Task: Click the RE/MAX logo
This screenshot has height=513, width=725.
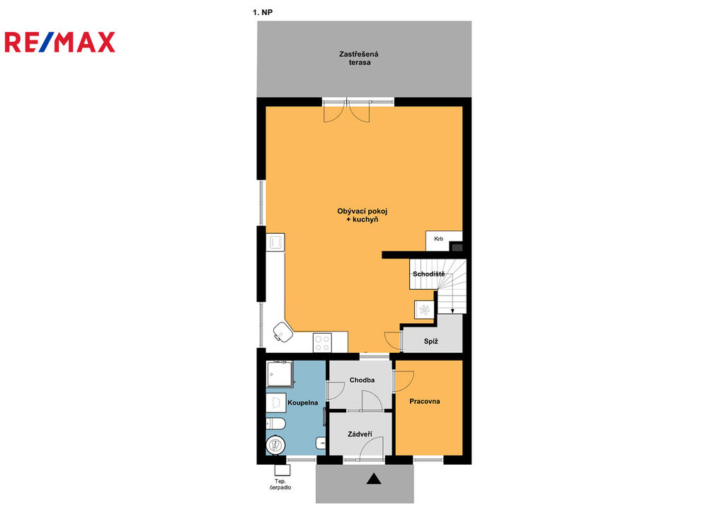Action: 60,42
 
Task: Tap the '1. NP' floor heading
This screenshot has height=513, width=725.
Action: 263,13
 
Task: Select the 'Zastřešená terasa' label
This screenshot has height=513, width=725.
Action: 359,58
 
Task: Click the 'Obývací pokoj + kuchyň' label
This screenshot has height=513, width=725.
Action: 362,215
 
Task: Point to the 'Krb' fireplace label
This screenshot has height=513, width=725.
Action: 438,239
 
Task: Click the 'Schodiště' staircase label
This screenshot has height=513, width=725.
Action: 428,274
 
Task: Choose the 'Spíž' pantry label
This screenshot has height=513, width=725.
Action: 430,342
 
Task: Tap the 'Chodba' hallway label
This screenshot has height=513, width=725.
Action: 362,380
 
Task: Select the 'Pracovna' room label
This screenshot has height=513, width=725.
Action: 425,402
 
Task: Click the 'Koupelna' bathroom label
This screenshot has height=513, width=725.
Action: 303,403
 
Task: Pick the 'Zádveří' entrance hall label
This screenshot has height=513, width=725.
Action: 360,434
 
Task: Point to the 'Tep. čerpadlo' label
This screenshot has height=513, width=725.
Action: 280,485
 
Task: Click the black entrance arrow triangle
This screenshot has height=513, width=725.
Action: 374,479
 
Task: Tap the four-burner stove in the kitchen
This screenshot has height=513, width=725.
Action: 322,343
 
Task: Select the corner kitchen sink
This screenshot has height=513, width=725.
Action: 283,332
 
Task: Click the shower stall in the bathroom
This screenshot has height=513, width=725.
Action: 280,374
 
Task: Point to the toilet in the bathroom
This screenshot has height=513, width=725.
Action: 275,423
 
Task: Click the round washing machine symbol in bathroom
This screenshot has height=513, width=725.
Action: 275,445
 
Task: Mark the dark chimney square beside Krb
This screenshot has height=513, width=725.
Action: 457,247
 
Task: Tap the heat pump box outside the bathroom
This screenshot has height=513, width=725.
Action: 282,470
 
